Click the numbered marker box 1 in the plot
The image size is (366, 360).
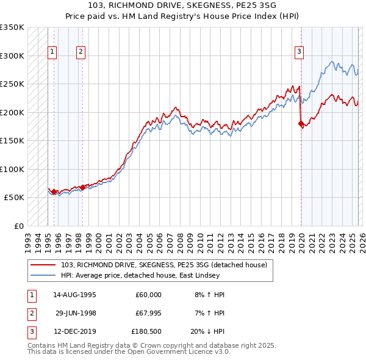(52, 52)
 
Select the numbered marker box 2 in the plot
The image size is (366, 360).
(81, 52)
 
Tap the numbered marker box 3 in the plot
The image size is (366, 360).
(300, 52)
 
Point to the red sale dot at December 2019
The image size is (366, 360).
(300, 123)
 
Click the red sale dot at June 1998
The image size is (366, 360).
(82, 187)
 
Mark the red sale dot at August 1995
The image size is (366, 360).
(54, 192)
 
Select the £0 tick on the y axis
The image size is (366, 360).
(18, 226)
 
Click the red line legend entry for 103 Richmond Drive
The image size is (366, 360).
(163, 265)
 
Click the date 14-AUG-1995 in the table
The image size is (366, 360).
(74, 295)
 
